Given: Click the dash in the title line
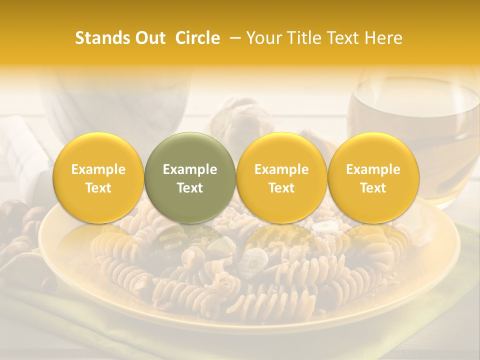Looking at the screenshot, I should [x=233, y=38].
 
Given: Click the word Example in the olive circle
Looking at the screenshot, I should [x=190, y=170].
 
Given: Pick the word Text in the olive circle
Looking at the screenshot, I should [x=190, y=188].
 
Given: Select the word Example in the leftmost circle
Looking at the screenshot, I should [x=98, y=170].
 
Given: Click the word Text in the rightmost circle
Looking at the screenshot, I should [x=373, y=188].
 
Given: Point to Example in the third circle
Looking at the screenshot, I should [x=281, y=170].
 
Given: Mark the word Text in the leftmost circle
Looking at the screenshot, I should [x=98, y=188].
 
